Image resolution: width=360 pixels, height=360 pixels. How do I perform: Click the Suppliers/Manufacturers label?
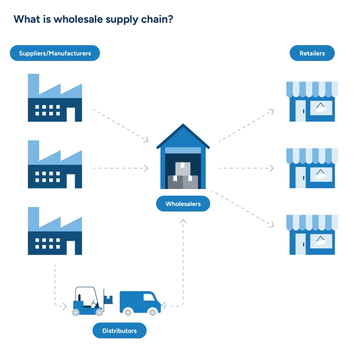55,53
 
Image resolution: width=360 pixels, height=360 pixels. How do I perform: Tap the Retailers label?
312,53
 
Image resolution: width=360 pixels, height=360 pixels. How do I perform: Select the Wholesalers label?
183,204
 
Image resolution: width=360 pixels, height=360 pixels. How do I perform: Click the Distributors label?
119,331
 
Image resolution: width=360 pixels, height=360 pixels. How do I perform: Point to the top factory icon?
54,98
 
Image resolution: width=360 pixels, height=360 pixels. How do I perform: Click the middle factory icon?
54,165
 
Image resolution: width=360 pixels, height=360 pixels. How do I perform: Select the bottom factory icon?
54,231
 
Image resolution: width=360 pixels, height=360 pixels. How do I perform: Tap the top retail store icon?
312,101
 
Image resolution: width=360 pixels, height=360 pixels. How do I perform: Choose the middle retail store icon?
312,168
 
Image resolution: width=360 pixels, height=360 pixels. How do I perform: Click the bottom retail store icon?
312,234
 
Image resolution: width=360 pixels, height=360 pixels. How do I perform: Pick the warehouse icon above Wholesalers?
183,157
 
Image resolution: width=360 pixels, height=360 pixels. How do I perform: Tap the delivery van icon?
140,302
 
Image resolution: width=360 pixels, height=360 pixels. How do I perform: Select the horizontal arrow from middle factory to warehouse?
120,167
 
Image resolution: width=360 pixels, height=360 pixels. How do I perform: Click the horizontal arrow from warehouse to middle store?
246,167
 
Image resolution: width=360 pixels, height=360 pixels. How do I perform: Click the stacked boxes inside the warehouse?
183,176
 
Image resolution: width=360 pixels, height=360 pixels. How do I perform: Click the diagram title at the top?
94,20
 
